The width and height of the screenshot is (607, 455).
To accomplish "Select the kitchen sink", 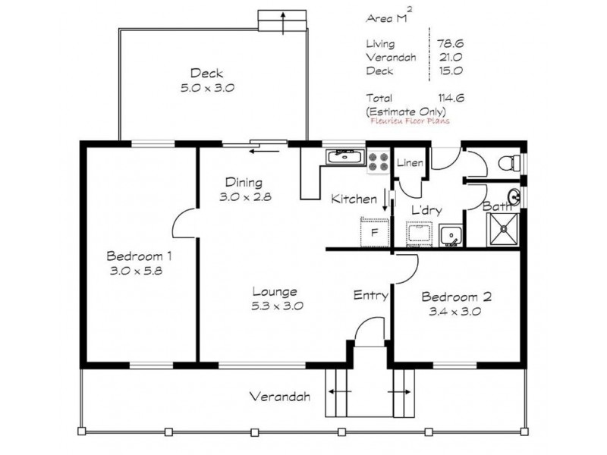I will pos(345,158).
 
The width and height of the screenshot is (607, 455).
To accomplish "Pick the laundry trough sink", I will pos(450,235).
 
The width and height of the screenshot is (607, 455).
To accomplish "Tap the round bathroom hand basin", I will pos(514,197).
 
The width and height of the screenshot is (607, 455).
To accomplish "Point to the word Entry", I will pos(371,295).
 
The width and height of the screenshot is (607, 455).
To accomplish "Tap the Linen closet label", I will pos(410,163).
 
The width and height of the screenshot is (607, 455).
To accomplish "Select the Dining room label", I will pos(244,182).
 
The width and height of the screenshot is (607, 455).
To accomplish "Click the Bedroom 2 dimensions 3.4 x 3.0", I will pos(456,310).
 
